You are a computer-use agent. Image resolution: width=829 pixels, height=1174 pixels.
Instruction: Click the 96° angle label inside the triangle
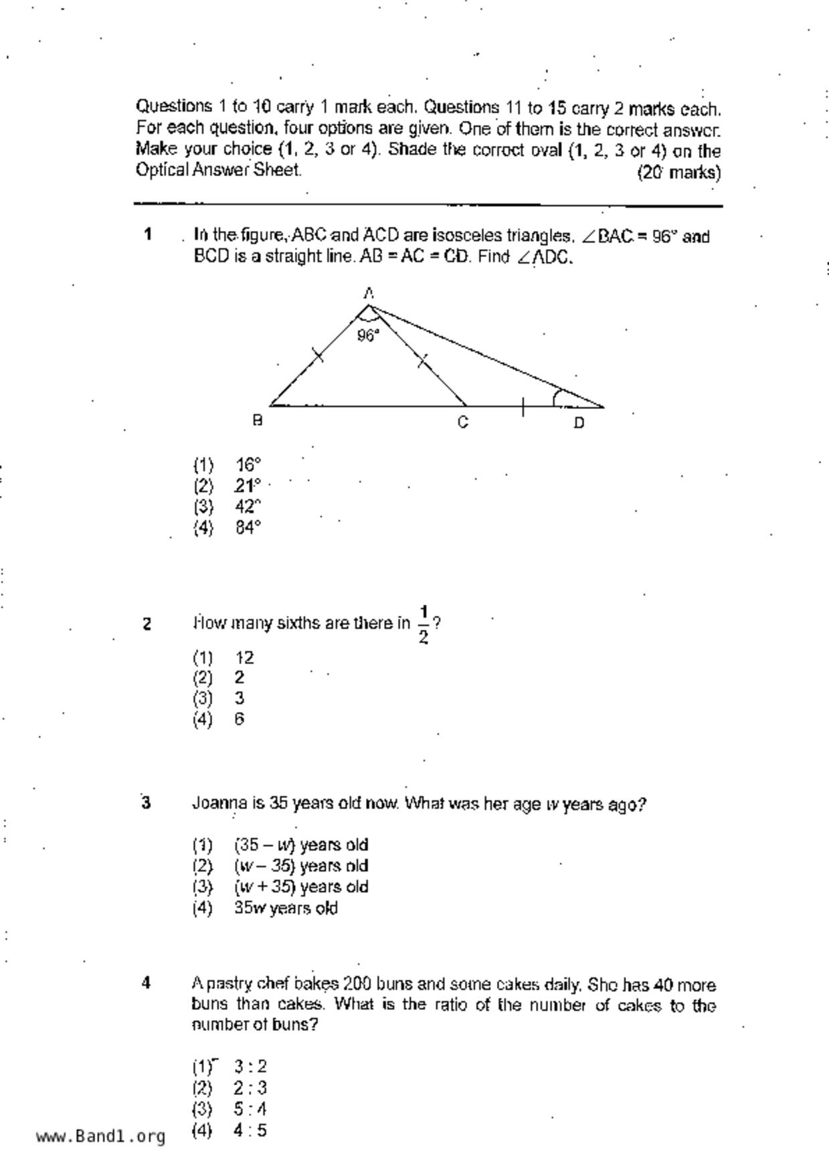(x=368, y=335)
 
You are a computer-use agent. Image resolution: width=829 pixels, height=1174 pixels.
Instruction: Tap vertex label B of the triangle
(x=257, y=420)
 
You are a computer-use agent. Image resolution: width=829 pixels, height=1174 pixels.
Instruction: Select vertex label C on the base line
(x=463, y=422)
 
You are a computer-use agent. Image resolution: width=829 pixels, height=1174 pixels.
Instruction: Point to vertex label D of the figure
(x=579, y=422)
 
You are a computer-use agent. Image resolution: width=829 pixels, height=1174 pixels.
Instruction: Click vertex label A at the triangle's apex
(x=369, y=292)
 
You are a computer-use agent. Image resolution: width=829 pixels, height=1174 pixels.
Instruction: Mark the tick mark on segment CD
(x=523, y=406)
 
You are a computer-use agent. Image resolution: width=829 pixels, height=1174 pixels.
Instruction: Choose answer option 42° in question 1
(x=248, y=507)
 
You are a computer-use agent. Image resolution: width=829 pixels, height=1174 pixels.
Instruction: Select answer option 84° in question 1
(x=248, y=527)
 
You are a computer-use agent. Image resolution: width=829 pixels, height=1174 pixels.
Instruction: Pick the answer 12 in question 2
(x=245, y=657)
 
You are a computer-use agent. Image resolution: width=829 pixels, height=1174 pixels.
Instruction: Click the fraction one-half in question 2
(x=424, y=624)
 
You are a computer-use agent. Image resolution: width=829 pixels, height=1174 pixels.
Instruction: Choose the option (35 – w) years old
(x=301, y=845)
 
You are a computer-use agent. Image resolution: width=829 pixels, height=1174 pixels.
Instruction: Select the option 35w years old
(x=286, y=908)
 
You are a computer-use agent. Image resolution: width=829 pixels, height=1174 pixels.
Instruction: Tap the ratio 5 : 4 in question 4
(x=250, y=1109)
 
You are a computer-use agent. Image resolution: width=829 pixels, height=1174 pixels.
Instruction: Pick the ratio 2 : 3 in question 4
(x=250, y=1088)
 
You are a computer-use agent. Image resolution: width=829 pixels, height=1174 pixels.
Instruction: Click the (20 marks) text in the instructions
(x=679, y=173)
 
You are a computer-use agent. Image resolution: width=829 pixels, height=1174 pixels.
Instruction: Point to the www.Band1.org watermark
(x=100, y=1137)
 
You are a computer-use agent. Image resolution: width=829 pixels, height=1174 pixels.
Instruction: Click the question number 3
(x=146, y=803)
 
